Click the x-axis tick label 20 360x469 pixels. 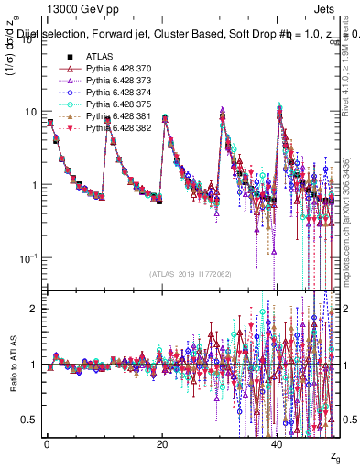coord(162,443)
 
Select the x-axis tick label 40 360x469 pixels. coord(278,443)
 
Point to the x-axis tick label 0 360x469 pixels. coord(47,443)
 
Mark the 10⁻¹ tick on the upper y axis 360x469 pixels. coord(29,257)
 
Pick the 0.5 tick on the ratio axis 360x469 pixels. coord(29,420)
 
